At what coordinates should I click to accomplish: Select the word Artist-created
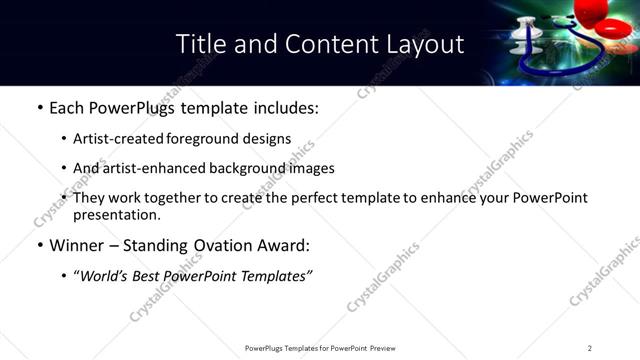click(113, 139)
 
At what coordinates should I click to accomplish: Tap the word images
click(310, 168)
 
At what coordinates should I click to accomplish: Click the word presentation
click(116, 214)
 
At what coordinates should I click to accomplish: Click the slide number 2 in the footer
click(590, 348)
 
